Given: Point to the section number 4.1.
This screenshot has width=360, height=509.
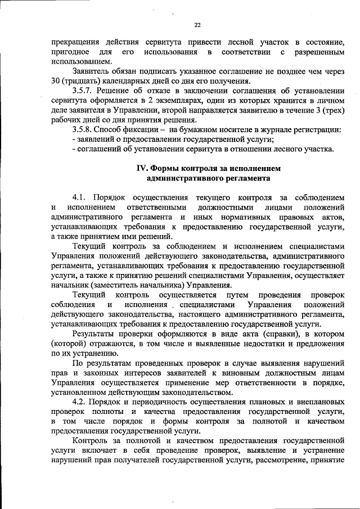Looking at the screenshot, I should pyautogui.click(x=80, y=197).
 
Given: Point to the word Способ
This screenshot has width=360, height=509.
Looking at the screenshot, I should pyautogui.click(x=115, y=129).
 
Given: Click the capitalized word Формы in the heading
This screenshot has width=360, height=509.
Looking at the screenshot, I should pyautogui.click(x=173, y=168).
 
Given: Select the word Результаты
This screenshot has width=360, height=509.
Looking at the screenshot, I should pyautogui.click(x=97, y=334).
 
